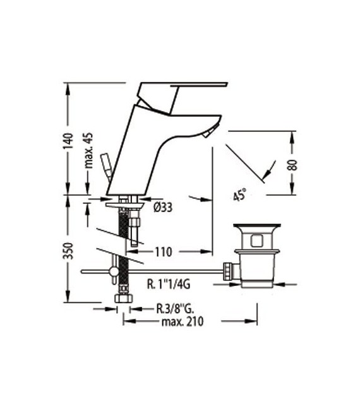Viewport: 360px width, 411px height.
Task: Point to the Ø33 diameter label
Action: pyautogui.click(x=163, y=206)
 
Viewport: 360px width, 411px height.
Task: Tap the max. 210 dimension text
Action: pyautogui.click(x=179, y=321)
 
